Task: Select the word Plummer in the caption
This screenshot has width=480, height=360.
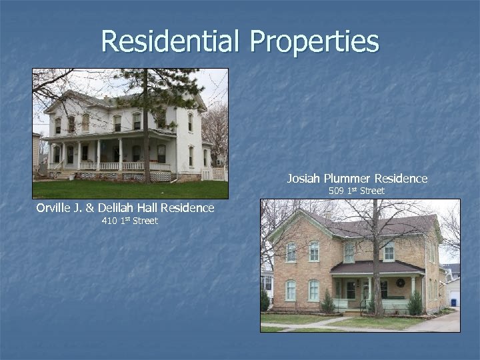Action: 351,179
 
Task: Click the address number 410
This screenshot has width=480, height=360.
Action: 111,221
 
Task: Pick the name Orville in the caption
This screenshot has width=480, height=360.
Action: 56,208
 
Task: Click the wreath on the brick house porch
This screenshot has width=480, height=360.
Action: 400,283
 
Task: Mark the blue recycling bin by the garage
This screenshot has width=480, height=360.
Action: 454,302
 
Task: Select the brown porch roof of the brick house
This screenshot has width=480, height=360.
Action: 377,267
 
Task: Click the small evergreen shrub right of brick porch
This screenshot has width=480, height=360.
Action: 415,303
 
